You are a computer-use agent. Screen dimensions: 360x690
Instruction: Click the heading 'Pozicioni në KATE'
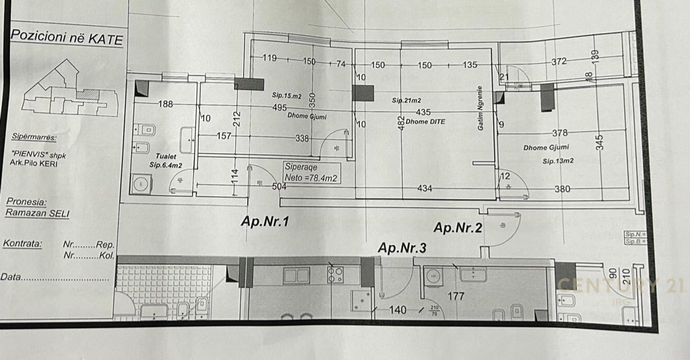click(x=66, y=38)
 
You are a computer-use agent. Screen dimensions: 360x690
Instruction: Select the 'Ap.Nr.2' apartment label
click(x=457, y=228)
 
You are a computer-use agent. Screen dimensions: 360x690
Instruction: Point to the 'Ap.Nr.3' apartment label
click(x=402, y=248)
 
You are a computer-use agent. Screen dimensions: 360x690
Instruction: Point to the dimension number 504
click(x=279, y=186)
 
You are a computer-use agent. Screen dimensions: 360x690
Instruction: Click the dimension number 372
click(x=559, y=61)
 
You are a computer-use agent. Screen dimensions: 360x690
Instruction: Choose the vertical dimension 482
click(x=401, y=123)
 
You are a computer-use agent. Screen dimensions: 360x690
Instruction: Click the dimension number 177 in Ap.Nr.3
click(x=456, y=296)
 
